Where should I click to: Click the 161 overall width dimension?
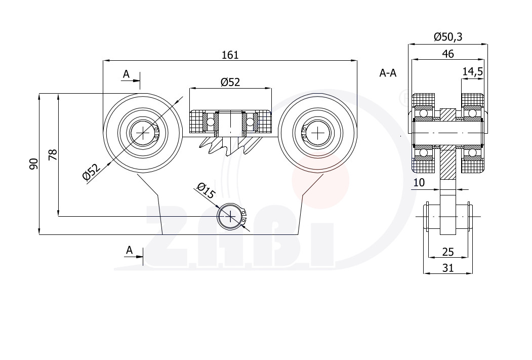[x=230, y=55]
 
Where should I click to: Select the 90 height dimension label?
[x=33, y=164]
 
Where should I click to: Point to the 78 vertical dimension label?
[x=53, y=155]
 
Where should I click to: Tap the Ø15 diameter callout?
[x=206, y=191]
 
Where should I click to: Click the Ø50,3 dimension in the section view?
[x=448, y=36]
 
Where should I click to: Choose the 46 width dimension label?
[x=448, y=54]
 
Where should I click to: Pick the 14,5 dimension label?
[x=473, y=71]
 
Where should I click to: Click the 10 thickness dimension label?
[x=419, y=183]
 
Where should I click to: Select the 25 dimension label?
[x=448, y=252]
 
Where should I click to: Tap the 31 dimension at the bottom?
[x=448, y=268]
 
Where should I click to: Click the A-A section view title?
[x=388, y=73]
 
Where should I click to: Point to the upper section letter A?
[x=126, y=74]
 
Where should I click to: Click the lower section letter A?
[x=129, y=250]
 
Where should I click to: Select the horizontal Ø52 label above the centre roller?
[x=230, y=82]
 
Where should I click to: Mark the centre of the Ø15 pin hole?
[x=230, y=216]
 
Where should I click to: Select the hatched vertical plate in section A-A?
[x=448, y=143]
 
